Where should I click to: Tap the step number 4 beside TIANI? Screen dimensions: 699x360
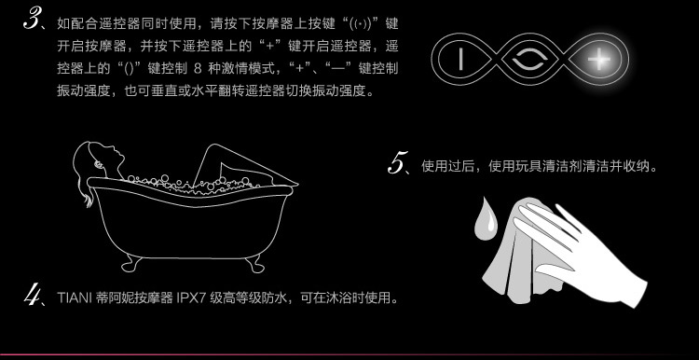[x=33, y=296]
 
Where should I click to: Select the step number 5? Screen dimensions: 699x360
[x=398, y=162]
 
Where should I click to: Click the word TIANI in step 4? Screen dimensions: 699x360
[x=75, y=298]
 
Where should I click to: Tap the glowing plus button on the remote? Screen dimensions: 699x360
[x=598, y=60]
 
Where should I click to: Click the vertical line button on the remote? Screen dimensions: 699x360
[x=461, y=60]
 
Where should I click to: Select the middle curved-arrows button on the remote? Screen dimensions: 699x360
[x=528, y=60]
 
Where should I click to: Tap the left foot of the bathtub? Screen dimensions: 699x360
[x=131, y=263]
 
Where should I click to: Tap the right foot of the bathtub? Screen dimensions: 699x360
[x=254, y=264]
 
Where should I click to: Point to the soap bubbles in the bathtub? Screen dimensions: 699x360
[x=196, y=184]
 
